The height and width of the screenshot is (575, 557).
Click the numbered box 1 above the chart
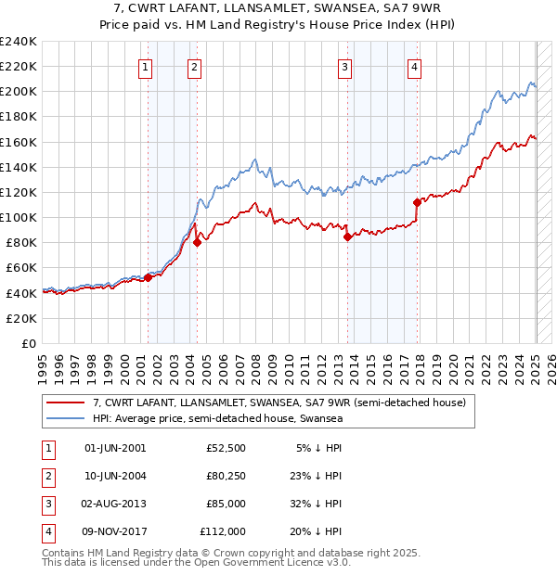[x=147, y=66]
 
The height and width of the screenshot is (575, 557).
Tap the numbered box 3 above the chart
[x=344, y=66]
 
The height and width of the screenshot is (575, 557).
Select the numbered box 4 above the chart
[x=414, y=66]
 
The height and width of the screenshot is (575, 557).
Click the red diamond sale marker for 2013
[x=347, y=236]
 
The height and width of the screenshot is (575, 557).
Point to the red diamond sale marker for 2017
[x=417, y=202]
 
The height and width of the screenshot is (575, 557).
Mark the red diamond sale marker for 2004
[x=197, y=243]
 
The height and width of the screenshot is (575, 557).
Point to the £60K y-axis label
[x=20, y=268]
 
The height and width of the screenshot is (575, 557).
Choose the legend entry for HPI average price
[x=218, y=418]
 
